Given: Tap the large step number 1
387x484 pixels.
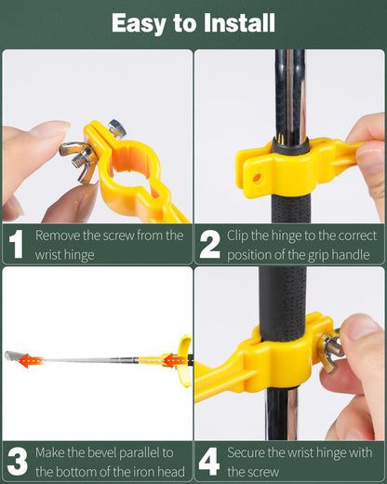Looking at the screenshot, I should pos(17,244).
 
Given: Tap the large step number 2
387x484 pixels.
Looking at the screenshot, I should pos(210,244).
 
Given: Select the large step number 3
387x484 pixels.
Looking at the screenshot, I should pos(17,462).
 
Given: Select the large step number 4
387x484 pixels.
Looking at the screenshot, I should pos(210,462).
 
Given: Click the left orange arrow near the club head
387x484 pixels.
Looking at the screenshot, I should pos(30,360).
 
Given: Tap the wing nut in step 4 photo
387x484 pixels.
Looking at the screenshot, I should pos(331,350).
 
